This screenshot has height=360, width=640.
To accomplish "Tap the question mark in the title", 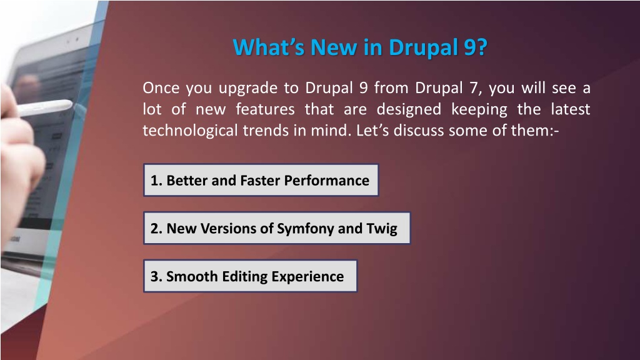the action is pos(482,47).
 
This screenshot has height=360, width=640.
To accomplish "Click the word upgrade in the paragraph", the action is pos(247,89).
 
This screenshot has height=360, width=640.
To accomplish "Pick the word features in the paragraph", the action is pos(265,109).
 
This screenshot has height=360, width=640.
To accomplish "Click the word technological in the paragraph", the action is pos(190,131).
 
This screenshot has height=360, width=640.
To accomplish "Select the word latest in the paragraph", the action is pos(570,109).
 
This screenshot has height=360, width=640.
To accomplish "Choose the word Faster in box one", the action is pos(260,181).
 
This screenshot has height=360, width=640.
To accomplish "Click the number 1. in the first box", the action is pos(156,181).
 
